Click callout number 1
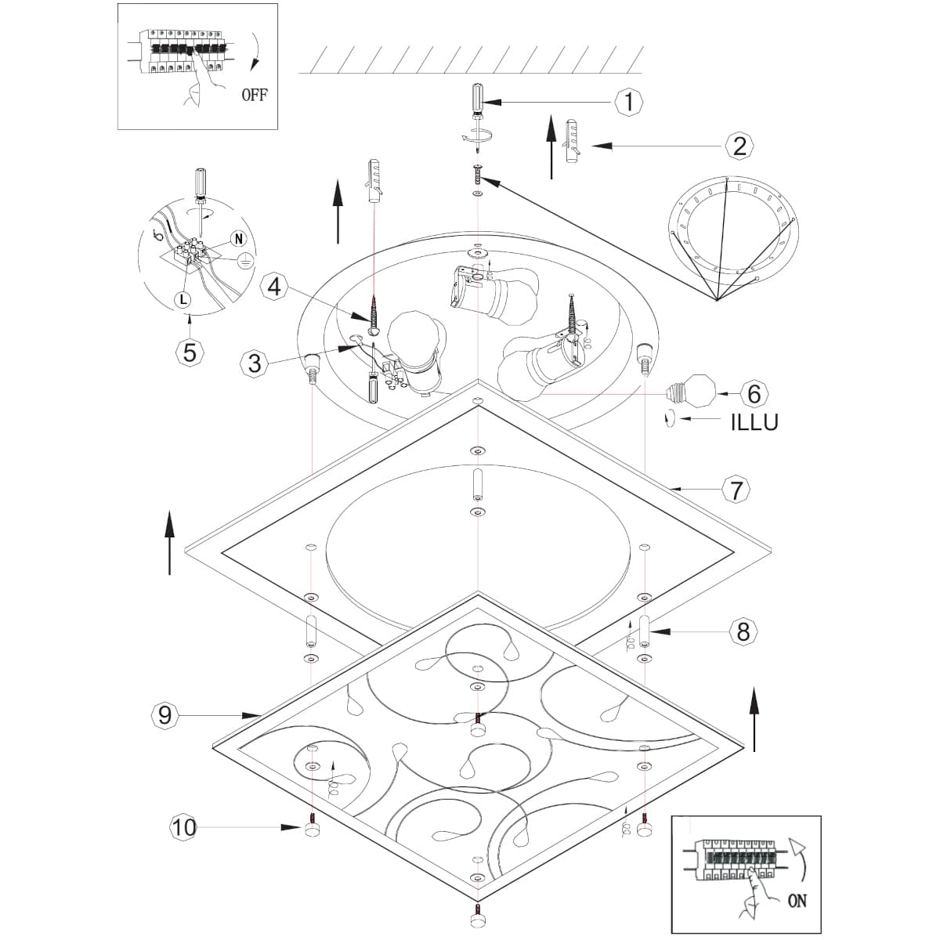[628, 101]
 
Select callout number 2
[739, 145]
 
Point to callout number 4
[273, 286]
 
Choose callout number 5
[190, 352]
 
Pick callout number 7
[736, 490]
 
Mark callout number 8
[743, 631]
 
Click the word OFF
[254, 95]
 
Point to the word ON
[797, 901]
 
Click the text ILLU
[754, 422]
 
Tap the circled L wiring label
[182, 298]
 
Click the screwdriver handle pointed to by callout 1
[476, 98]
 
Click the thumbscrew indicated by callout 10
[312, 829]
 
